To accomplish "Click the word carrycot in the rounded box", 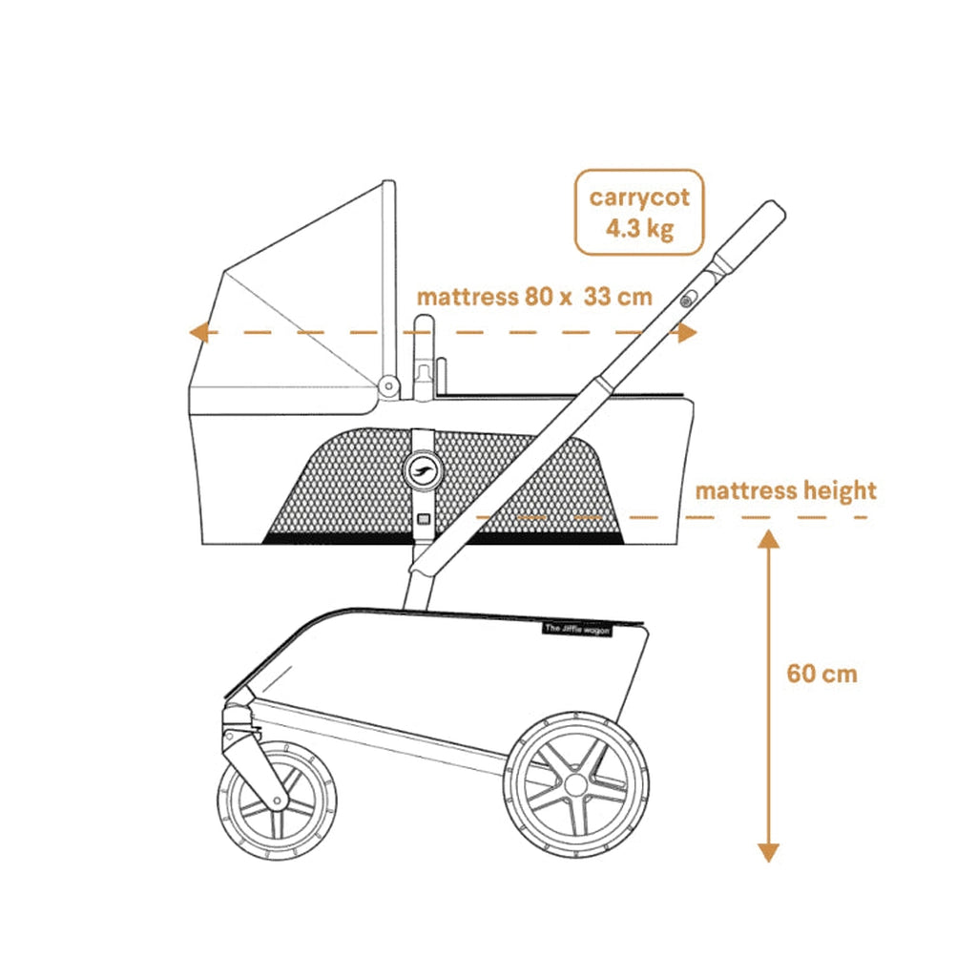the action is [639, 197].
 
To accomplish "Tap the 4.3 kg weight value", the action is [639, 228].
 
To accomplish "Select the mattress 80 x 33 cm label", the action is [534, 297].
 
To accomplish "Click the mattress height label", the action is [786, 491].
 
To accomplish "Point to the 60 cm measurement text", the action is [821, 674].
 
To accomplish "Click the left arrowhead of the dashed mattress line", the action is [198, 333].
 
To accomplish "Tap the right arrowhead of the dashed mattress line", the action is [687, 333].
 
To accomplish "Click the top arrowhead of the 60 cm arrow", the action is [768, 539].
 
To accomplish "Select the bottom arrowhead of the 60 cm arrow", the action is [768, 853].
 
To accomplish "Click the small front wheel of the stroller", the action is [278, 801].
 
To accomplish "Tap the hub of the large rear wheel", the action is [575, 784].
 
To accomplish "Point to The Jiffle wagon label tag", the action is [577, 630].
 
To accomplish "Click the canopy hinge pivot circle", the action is [389, 386].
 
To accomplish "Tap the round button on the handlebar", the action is [687, 301].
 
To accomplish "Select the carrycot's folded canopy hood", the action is [293, 299].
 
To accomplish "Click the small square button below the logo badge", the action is [423, 518].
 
